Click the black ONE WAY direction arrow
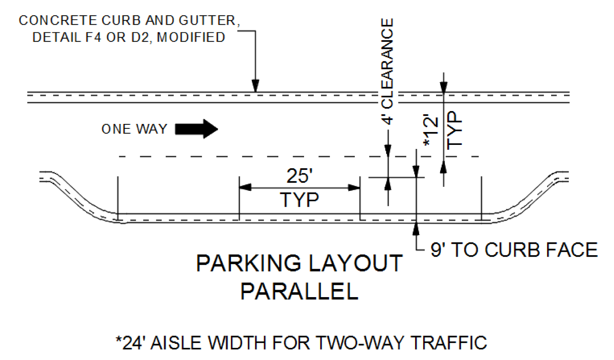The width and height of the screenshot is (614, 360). pos(197,129)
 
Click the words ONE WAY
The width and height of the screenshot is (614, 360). pos(134,129)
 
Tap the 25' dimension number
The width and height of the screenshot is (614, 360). pos(299,176)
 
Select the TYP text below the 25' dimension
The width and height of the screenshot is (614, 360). pos(299,200)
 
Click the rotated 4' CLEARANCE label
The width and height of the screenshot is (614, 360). pos(387,72)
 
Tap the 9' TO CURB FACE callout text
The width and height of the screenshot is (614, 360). pos(514,250)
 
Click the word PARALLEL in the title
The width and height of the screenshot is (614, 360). pos(299,292)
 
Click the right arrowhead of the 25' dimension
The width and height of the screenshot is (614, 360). pos(354,188)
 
